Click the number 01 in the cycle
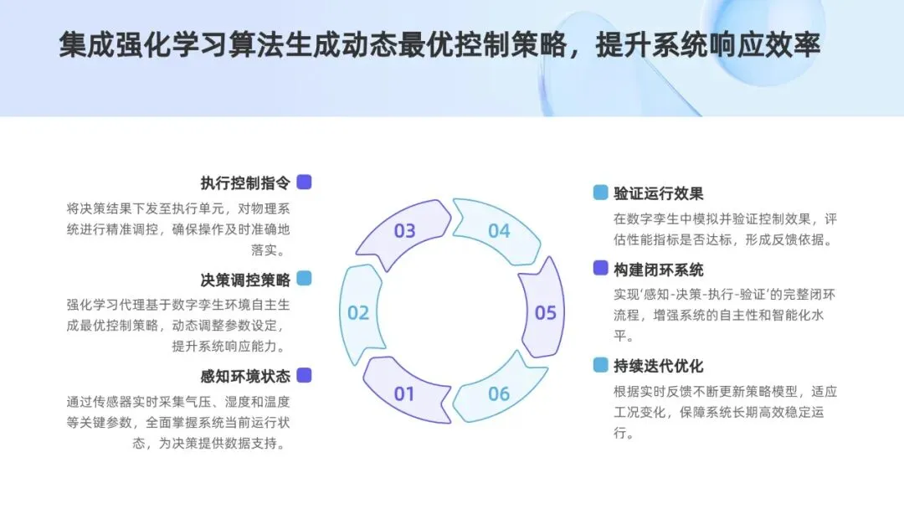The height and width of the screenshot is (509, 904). pos(404,393)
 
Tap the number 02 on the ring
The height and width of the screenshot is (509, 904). pos(358,313)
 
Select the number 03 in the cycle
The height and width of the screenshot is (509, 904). pos(404,231)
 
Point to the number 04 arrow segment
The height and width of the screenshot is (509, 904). pos(499,231)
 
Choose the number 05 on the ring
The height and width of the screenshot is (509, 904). pos(545,313)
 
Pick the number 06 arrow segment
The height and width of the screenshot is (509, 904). pos(499,393)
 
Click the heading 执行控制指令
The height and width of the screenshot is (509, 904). pos(245,183)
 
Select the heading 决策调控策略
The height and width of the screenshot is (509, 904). pos(245,280)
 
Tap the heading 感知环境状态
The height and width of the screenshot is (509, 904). pos(245,376)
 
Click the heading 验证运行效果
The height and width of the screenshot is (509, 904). pos(659,193)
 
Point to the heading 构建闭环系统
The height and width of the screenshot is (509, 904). pos(659,270)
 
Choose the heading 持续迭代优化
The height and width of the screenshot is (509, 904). pos(659,366)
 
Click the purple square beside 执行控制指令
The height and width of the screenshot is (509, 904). pos(304,182)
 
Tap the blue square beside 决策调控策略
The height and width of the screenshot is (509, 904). pos(304,279)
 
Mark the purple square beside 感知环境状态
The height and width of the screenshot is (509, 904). pos(304,375)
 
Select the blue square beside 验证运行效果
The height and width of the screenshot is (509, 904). pos(600,193)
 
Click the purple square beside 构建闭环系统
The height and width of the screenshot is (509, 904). pos(600,269)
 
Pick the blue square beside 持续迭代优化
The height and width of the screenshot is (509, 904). pos(600,365)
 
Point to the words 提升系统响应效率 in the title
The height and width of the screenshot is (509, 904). pos(707,45)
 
